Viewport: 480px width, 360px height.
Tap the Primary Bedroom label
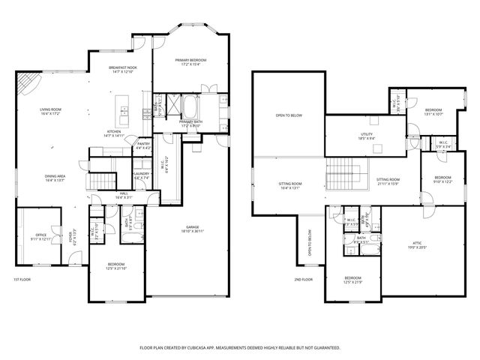point(191,60)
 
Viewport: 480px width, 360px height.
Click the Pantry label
point(142,144)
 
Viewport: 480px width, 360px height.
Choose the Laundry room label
point(142,173)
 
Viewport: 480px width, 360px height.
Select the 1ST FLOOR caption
point(22,279)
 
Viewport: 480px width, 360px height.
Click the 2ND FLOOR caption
point(303,279)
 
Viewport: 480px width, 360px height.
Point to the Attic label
point(417,242)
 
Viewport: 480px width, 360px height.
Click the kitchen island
point(124,112)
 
